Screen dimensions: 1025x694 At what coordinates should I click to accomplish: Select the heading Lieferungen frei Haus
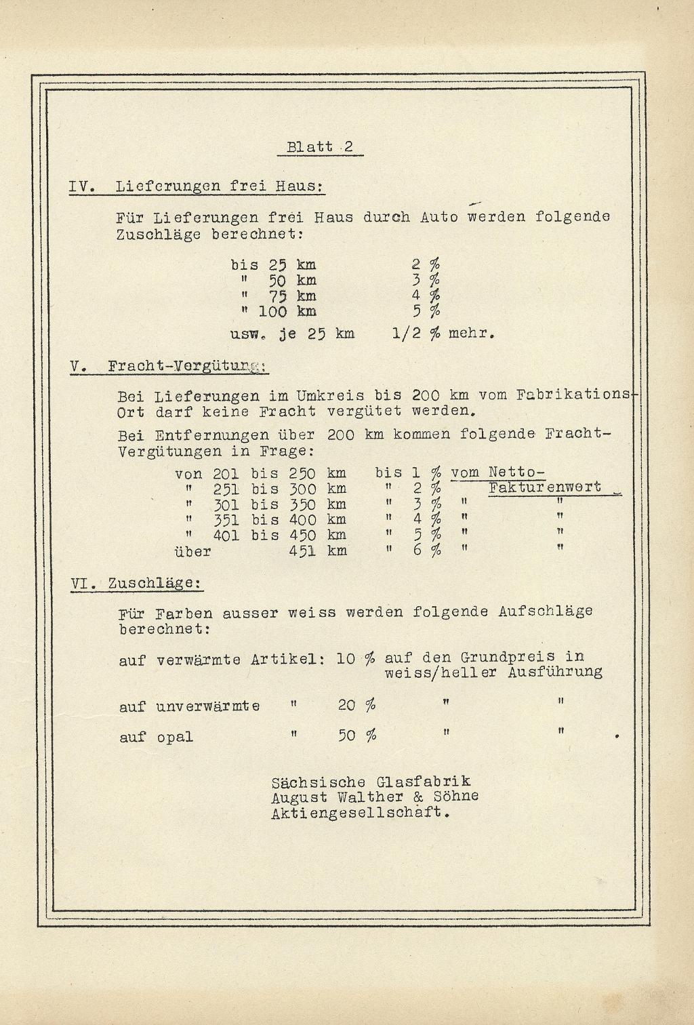219,186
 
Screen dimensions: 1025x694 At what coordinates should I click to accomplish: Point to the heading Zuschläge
154,583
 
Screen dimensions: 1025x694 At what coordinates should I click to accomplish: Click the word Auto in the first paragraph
438,218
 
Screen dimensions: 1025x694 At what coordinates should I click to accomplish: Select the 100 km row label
287,312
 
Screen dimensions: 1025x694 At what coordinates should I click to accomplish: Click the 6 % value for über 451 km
427,550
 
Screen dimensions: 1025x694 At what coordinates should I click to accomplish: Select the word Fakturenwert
545,487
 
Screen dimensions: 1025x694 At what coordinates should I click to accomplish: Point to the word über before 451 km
193,551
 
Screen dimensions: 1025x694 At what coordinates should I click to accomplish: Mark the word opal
175,737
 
